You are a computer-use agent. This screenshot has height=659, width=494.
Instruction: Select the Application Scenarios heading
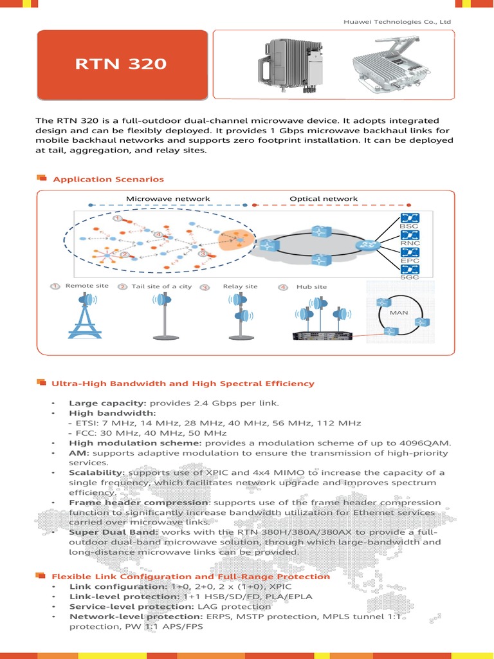coord(108,179)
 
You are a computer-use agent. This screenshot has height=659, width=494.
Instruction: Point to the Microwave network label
coord(167,199)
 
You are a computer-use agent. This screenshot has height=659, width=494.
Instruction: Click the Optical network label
coord(323,199)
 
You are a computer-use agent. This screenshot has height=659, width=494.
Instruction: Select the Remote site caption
coord(87,286)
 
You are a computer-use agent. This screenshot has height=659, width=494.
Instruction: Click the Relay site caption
coord(240,286)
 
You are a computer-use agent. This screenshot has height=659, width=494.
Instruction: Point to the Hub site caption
coord(311,286)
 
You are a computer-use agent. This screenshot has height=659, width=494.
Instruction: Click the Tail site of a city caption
coord(161,286)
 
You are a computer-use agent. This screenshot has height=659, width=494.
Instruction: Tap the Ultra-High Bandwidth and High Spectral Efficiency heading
coord(183,384)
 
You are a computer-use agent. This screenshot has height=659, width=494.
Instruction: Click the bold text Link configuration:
coord(109,587)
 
